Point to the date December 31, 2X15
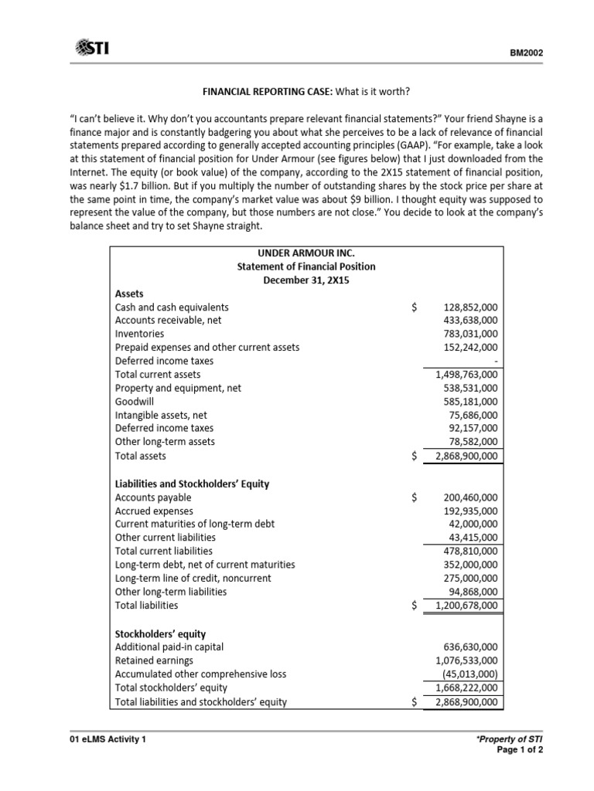(306, 280)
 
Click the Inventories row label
(139, 334)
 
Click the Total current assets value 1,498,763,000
(467, 375)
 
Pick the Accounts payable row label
(153, 497)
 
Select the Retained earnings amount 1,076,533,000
(467, 660)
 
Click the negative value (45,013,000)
(471, 674)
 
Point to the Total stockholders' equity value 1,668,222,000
(467, 687)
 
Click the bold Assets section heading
(129, 294)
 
